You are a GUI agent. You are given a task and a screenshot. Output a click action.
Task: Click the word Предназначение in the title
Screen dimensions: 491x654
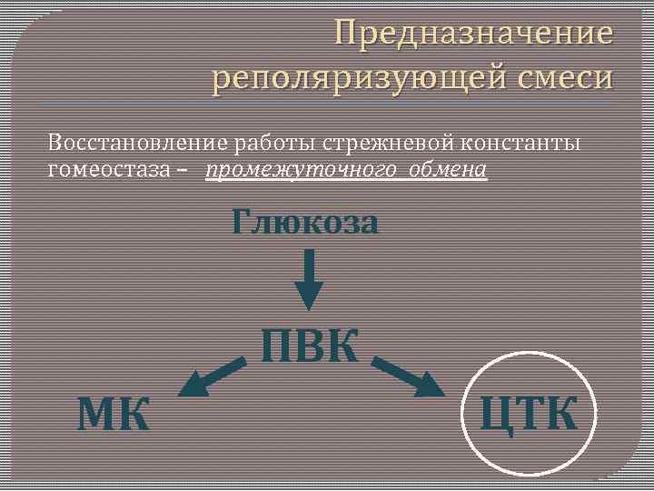(473, 34)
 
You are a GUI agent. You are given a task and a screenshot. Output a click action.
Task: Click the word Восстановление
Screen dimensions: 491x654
(138, 143)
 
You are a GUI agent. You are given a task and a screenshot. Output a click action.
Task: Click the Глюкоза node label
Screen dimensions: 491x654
(305, 222)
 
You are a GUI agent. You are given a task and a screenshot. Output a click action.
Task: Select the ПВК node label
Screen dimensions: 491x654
(310, 346)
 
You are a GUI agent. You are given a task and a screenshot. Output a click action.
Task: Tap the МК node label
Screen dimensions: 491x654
(114, 416)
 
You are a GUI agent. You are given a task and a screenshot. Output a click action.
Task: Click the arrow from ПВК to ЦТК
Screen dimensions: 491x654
(409, 377)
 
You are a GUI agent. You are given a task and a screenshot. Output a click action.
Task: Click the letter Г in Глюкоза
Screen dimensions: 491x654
(243, 221)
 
